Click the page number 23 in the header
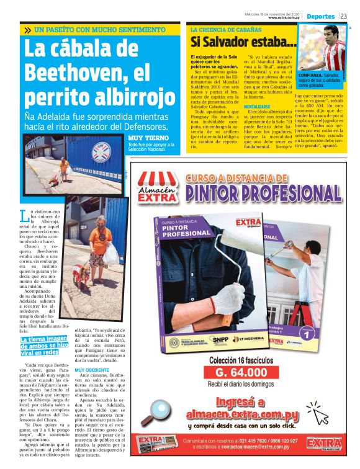344,16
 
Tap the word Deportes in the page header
321,16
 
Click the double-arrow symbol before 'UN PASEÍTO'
28,30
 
